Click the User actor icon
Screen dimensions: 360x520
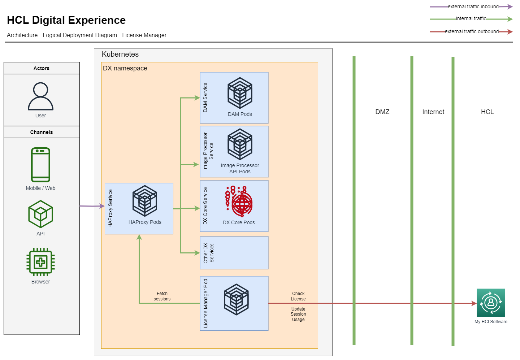point(40,96)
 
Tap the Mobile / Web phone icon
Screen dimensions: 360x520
point(40,165)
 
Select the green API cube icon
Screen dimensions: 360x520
point(40,214)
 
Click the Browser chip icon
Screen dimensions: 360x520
point(40,262)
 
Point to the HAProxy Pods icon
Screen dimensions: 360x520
point(145,201)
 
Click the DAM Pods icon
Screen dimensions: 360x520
point(240,93)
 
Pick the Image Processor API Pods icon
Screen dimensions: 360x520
point(240,144)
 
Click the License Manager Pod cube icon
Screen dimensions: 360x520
point(236,299)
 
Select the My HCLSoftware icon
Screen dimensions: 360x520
point(491,303)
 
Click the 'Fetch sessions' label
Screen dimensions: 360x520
point(162,296)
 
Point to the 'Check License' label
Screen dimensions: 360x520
point(298,296)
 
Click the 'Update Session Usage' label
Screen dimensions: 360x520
point(298,314)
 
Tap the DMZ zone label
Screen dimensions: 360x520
point(382,112)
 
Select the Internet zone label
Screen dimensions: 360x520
point(433,112)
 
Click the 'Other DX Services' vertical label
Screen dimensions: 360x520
point(208,253)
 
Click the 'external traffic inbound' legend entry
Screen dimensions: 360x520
point(473,6)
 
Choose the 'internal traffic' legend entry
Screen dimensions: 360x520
point(471,18)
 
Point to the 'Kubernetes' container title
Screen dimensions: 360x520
point(120,54)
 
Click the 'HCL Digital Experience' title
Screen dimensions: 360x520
point(66,20)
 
